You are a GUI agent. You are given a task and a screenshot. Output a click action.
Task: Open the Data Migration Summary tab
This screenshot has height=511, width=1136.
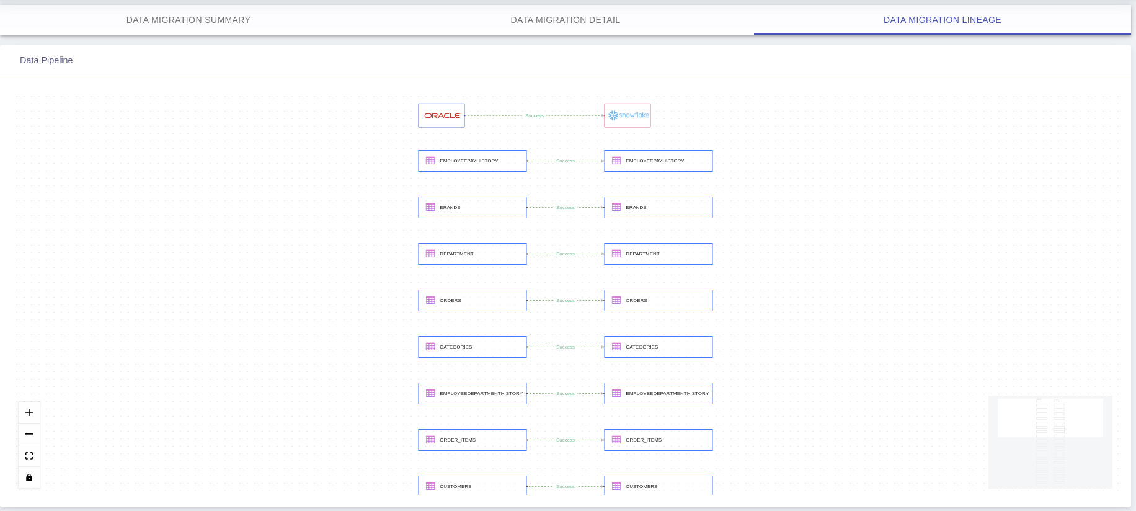coord(189,20)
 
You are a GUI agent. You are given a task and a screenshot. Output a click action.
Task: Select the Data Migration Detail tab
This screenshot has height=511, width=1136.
coord(566,20)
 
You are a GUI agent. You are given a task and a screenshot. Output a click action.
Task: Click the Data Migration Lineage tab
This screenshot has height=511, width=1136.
coord(943,20)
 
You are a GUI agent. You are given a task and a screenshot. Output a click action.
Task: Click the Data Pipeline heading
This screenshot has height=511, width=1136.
coord(47,60)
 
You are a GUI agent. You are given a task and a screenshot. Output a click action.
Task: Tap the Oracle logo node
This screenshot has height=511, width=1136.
coord(442,115)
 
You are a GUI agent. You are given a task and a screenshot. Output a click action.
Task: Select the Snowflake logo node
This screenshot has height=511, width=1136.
coord(628,115)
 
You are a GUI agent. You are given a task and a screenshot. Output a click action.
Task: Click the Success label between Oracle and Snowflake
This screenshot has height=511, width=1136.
coord(535,115)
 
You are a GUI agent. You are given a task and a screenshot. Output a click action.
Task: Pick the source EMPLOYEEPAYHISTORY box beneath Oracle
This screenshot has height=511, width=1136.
coord(473,161)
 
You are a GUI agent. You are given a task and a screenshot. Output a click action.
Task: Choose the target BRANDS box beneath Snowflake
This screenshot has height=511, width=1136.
coord(659,207)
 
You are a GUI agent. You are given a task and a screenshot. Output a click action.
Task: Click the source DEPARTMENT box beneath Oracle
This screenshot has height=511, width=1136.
coord(473,254)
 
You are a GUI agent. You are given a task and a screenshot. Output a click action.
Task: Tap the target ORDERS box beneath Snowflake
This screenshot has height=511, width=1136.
coord(659,300)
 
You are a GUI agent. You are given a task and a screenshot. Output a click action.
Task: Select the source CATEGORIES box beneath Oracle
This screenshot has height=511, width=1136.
coord(473,347)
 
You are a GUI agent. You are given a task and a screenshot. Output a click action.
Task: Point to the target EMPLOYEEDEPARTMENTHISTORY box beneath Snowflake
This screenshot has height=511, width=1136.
coord(659,393)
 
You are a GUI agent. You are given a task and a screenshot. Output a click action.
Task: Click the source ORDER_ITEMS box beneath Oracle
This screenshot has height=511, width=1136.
coord(473,440)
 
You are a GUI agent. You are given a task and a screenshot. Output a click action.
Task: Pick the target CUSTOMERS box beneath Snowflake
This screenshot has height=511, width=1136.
coord(659,486)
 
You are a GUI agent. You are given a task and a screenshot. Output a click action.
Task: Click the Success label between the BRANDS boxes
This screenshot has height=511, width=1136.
coord(566,207)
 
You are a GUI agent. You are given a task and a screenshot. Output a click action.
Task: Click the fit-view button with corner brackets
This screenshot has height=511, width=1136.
coord(29,456)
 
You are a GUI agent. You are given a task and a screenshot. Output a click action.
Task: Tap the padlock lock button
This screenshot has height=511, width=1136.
coord(29,478)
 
